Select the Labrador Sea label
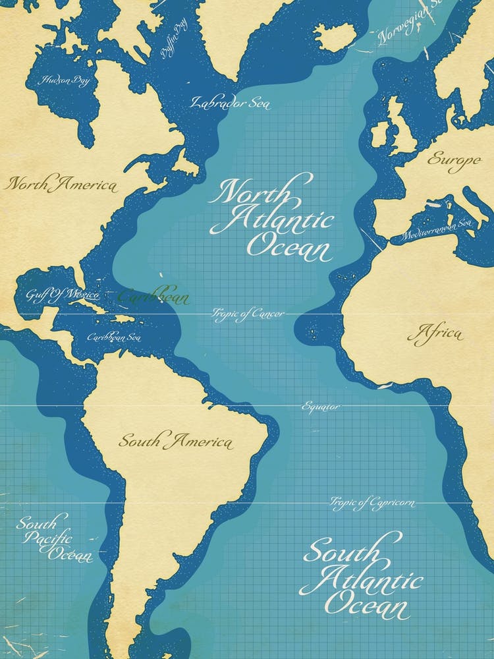(x=230, y=102)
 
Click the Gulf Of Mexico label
(x=63, y=294)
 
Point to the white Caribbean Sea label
(x=114, y=337)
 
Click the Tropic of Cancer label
(x=248, y=314)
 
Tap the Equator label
(x=321, y=407)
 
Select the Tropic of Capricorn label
(x=372, y=503)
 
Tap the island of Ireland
(x=380, y=134)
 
